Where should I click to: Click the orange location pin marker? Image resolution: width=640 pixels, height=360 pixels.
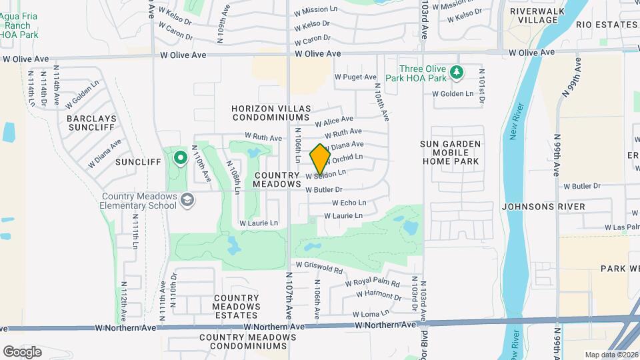click(x=321, y=159)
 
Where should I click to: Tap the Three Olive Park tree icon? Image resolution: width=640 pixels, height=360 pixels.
click(x=456, y=71)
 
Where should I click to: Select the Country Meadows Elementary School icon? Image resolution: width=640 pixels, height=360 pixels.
click(x=188, y=199)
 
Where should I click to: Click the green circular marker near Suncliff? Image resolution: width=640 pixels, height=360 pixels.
click(x=179, y=158)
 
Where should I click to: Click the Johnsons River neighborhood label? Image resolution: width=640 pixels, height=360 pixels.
click(x=543, y=207)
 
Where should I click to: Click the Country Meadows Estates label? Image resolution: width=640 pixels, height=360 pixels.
click(x=236, y=307)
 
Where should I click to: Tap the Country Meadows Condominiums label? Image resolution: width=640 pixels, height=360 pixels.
click(x=247, y=342)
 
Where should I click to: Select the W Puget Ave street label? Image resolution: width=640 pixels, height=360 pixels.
click(x=355, y=77)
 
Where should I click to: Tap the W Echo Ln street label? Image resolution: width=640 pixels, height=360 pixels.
click(x=345, y=203)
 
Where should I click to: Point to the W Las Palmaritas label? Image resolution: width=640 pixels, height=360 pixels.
click(x=621, y=227)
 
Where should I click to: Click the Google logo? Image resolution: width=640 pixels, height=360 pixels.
click(x=22, y=351)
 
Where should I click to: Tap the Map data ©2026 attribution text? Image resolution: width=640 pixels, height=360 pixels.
click(x=611, y=355)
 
